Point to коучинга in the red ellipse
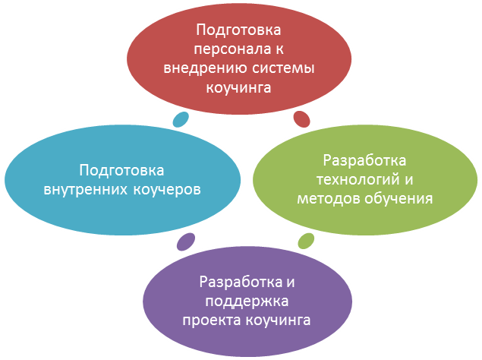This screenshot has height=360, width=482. tap(239, 87)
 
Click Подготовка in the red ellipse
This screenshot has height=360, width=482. tap(239, 31)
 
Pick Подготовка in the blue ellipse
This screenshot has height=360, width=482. tap(122, 170)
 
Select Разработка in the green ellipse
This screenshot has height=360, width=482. tap(365, 161)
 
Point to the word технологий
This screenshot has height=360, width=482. tap(357, 180)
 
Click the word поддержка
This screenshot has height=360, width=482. tap(246, 301)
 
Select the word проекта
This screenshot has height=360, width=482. tap(211, 320)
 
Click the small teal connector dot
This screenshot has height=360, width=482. tap(181, 119)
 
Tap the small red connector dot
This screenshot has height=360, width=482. tap(301, 118)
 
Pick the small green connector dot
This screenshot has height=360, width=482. tap(306, 242)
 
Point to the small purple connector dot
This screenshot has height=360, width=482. tap(184, 242)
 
